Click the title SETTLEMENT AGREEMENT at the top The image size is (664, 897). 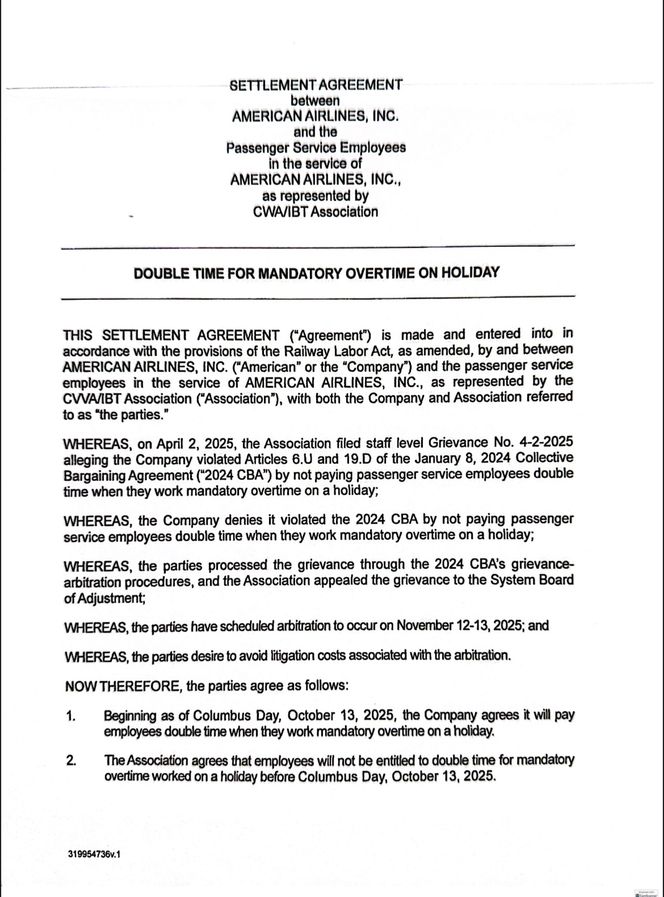[x=316, y=85]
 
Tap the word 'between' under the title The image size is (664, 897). [x=316, y=101]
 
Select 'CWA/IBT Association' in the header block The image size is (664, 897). [x=316, y=212]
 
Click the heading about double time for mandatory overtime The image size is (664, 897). [x=316, y=273]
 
